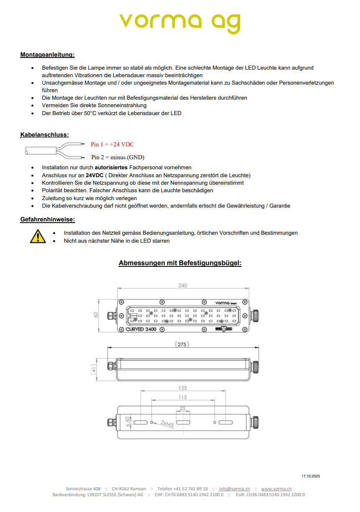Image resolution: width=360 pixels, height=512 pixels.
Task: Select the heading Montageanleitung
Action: coord(47,55)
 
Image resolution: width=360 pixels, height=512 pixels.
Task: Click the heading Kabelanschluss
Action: coord(44,135)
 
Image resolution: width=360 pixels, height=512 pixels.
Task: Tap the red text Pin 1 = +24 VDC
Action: coord(112,144)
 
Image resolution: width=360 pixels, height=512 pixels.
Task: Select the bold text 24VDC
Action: coord(95,175)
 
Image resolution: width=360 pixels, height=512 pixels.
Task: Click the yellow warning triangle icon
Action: coord(38,236)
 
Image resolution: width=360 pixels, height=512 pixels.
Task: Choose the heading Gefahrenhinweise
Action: coord(48,219)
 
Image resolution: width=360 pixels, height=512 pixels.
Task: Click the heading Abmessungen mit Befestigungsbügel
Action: coord(180,263)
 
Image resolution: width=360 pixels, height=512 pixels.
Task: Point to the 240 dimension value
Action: coord(183,286)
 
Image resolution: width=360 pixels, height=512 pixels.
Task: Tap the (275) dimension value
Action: coord(182,344)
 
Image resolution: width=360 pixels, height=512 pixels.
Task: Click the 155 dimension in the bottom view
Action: coord(183,388)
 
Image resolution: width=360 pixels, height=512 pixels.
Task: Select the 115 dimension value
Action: coord(183,397)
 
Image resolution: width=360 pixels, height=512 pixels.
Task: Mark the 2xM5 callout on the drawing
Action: coord(168,424)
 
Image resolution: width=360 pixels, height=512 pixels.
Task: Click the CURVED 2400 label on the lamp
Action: coord(141,329)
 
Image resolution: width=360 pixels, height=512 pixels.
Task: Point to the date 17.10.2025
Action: coord(311,476)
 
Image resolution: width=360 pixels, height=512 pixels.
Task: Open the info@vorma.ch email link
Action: coord(234,489)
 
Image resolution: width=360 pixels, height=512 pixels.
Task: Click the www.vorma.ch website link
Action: coord(276,489)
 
